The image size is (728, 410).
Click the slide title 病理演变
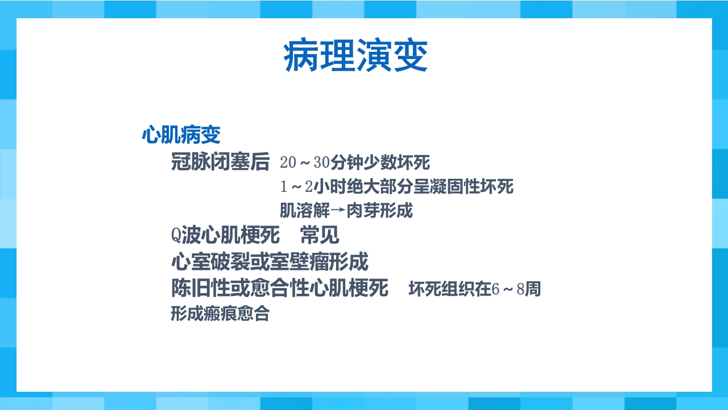355,56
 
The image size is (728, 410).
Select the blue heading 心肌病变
181,136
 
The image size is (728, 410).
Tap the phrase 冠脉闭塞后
220,162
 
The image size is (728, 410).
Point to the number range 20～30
305,163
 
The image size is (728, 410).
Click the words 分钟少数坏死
380,163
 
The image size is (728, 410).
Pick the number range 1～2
296,187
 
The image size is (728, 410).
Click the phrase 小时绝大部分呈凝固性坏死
413,187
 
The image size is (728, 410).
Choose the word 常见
320,235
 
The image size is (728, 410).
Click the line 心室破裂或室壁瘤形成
270,262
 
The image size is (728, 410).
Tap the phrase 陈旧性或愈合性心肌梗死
280,288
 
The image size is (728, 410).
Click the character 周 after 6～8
533,289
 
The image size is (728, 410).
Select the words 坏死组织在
450,289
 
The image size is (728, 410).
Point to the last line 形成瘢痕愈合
220,314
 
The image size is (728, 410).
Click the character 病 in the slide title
301,56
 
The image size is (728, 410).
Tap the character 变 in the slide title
409,56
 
